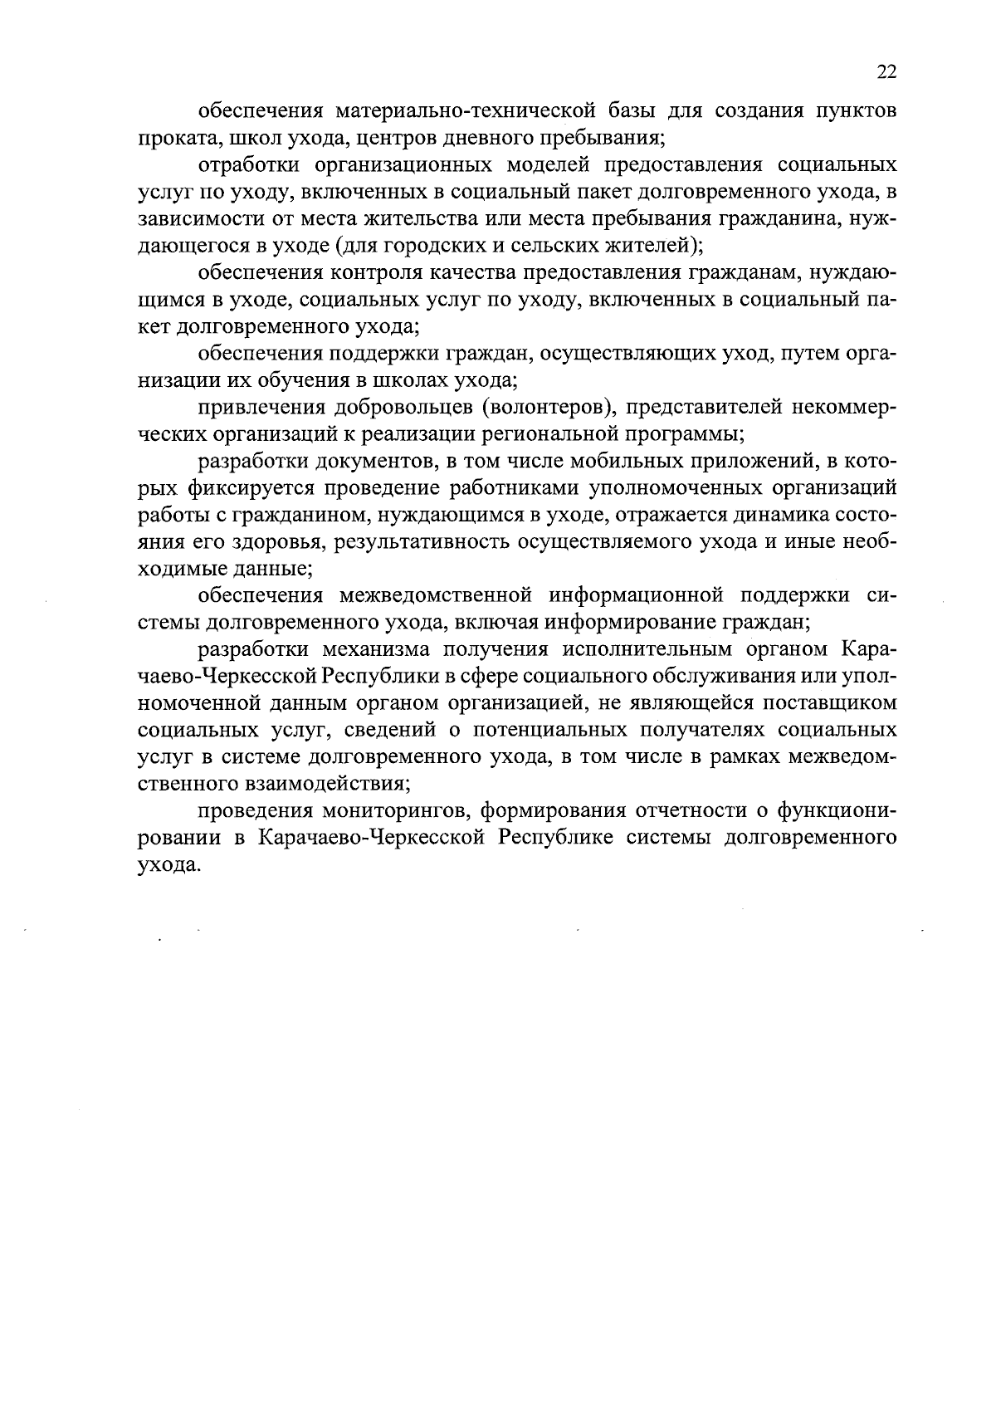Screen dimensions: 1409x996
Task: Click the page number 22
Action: click(x=886, y=72)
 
